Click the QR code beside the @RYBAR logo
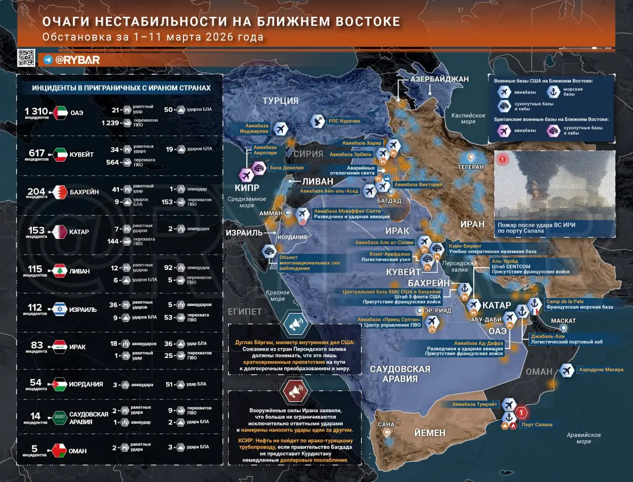[x=26, y=57]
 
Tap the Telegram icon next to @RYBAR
[x=48, y=60]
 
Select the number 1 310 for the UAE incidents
[x=37, y=111]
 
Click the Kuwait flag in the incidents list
[x=61, y=154]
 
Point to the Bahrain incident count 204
[x=36, y=191]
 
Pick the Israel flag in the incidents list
[x=61, y=309]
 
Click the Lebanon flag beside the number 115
[x=60, y=271]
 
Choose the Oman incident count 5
[x=34, y=449]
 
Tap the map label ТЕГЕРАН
[x=470, y=167]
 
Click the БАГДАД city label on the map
[x=389, y=201]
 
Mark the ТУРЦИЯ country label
[x=280, y=100]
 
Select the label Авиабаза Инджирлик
[x=254, y=129]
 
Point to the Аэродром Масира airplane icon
[x=567, y=370]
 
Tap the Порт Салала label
[x=537, y=425]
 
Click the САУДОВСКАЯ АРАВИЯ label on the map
[x=400, y=374]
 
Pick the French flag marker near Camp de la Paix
[x=535, y=312]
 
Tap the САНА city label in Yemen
[x=386, y=424]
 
